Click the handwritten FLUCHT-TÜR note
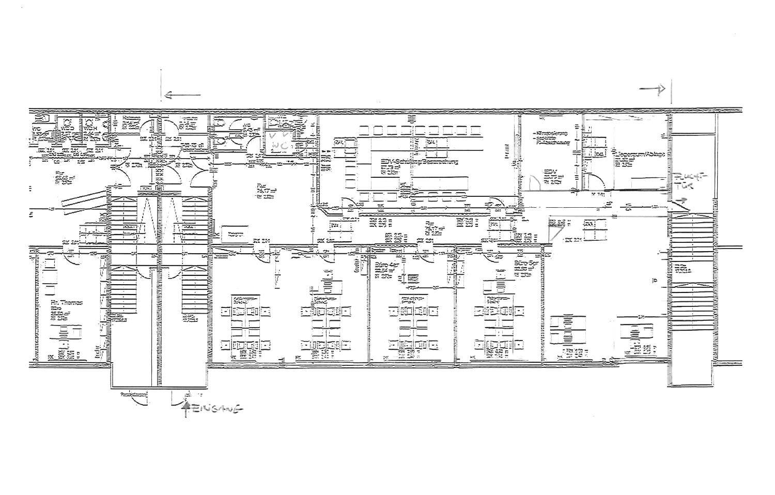(x=689, y=181)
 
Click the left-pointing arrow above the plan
(x=181, y=95)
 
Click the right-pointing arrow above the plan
(x=652, y=90)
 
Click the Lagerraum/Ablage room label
(x=639, y=154)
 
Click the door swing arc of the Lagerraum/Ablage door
(x=595, y=182)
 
